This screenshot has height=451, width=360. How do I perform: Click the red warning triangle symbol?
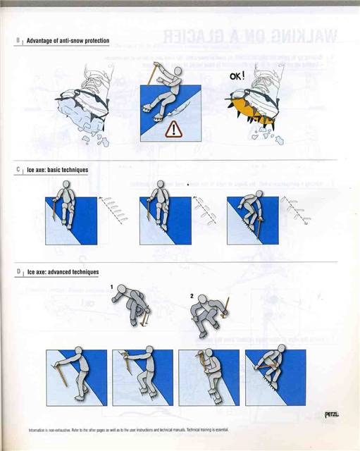(173, 129)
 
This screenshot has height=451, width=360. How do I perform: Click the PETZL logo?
(331, 414)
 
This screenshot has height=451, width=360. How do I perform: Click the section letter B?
(18, 41)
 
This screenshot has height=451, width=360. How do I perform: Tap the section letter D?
(18, 271)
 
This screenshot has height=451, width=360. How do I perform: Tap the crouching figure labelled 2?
(210, 314)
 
